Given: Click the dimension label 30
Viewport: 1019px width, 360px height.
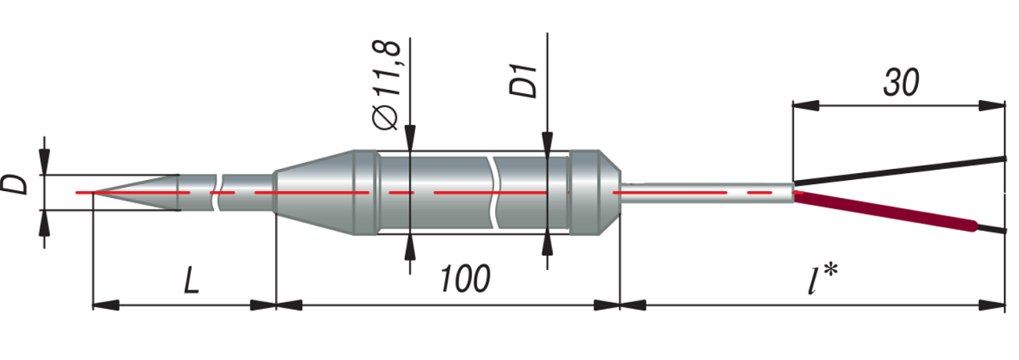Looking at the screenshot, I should [901, 82].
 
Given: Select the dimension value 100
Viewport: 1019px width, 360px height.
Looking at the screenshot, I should [464, 278].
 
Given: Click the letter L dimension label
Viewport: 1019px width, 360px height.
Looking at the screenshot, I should [191, 279].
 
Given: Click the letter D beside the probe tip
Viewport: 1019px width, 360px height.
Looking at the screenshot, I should [14, 185].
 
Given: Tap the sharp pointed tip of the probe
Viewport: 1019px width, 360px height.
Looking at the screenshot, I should [95, 193].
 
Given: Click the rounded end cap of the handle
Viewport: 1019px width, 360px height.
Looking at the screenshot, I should [594, 192].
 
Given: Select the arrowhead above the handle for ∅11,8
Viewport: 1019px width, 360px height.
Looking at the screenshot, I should [410, 139].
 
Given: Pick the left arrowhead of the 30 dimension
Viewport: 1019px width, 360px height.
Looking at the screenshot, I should [802, 106].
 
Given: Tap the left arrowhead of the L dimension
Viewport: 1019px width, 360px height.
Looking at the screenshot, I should [102, 304].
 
